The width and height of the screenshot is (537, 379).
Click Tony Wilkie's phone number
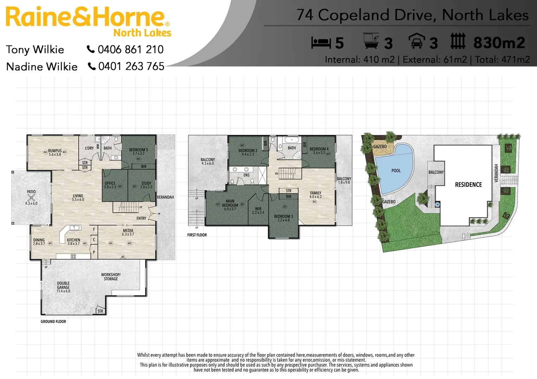point(130,49)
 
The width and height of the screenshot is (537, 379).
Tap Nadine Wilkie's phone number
point(131,66)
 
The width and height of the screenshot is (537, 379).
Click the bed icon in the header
point(321,43)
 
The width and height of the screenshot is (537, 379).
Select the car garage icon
point(417,41)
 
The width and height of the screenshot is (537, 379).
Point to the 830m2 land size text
point(499,43)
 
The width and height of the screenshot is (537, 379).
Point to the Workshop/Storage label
point(111,277)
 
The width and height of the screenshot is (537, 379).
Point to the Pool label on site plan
point(396,171)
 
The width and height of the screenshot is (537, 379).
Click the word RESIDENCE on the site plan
point(468,185)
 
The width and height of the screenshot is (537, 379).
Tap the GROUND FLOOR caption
point(53,321)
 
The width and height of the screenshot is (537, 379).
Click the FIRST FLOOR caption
point(197,235)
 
